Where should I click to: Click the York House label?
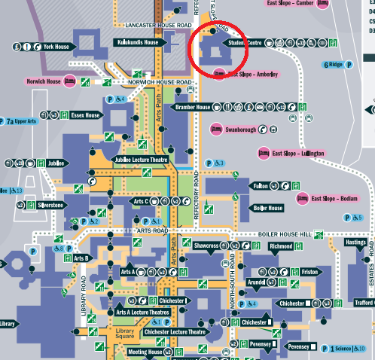(x=56, y=47)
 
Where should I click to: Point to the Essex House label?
(x=85, y=115)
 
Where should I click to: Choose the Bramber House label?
(x=193, y=108)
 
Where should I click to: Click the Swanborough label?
(x=238, y=130)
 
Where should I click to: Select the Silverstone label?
(x=50, y=204)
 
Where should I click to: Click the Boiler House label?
(x=268, y=208)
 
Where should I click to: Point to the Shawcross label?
(x=206, y=246)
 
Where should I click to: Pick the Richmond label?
(x=280, y=246)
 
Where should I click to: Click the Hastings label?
(x=355, y=243)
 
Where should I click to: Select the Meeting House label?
(x=145, y=352)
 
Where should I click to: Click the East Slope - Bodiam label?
(x=335, y=199)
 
